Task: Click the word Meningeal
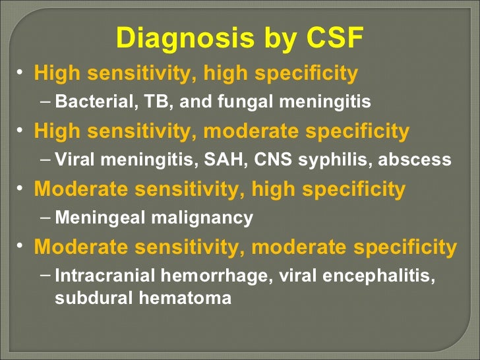(93, 218)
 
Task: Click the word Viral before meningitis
(74, 160)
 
